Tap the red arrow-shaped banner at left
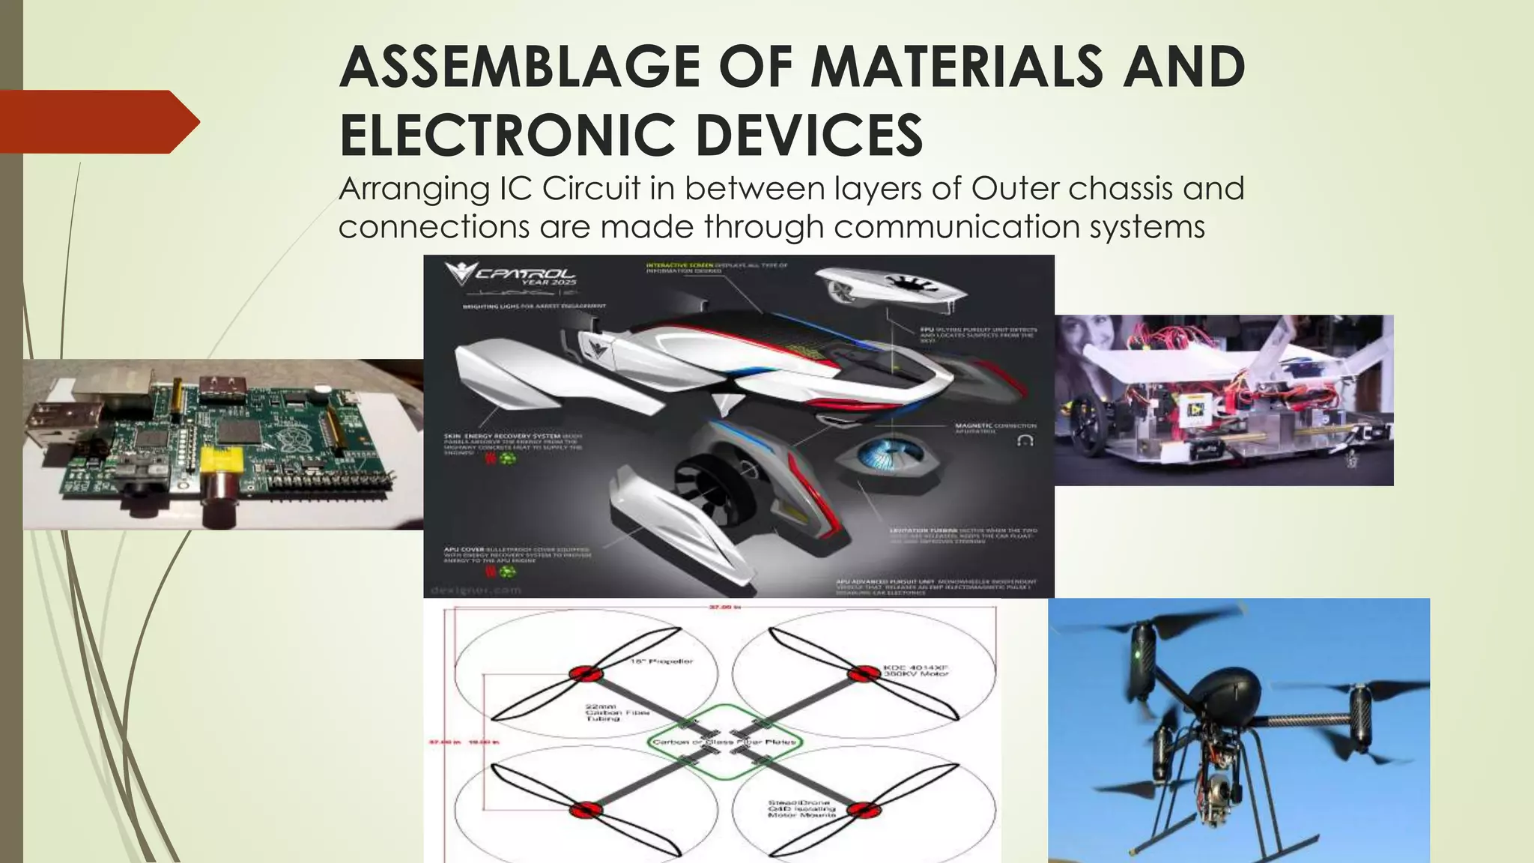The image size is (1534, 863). tap(97, 122)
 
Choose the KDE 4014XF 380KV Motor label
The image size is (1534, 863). tap(915, 670)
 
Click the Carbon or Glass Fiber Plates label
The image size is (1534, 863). tap(725, 742)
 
